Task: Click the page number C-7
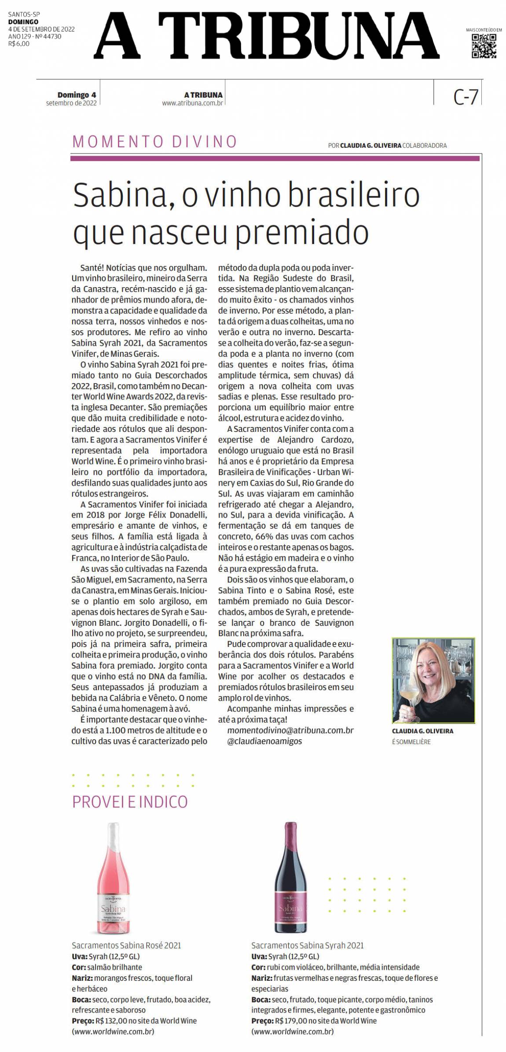pos(466,97)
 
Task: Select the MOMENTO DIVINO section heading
pos(155,142)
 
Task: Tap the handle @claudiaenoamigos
pos(265,741)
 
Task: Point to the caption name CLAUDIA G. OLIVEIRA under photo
pos(422,731)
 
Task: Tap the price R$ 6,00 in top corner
pos(19,44)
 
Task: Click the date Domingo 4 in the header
pos(77,95)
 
